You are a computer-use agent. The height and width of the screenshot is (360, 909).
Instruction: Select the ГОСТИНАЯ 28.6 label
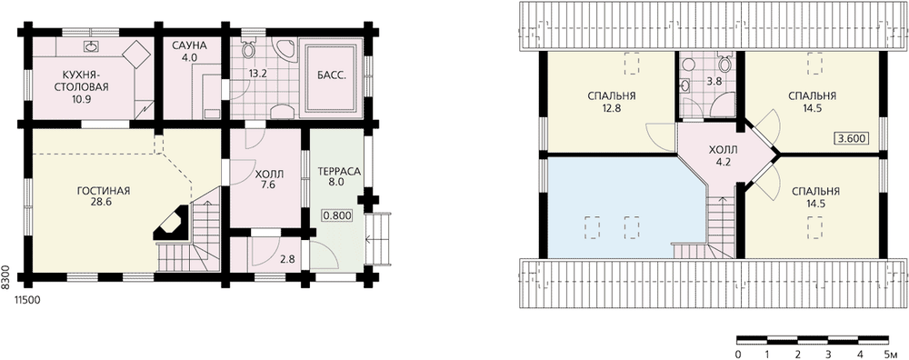click(104, 196)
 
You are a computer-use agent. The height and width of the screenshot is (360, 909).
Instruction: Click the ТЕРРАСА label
click(340, 171)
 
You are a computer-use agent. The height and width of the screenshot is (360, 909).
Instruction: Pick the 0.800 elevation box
click(336, 215)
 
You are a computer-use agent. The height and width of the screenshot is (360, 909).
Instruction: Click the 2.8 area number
click(287, 259)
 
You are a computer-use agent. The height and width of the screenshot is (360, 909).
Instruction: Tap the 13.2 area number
click(257, 75)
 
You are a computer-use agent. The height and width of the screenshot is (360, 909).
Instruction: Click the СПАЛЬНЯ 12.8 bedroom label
click(611, 102)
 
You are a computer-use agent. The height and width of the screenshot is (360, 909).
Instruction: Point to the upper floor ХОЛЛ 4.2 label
click(724, 156)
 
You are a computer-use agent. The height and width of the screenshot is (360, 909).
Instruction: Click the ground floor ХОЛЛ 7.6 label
click(269, 179)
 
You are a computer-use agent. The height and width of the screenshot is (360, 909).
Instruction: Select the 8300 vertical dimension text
click(5, 276)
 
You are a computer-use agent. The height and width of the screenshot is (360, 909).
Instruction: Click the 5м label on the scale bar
click(890, 354)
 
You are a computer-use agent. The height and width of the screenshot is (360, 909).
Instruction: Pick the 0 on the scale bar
click(737, 354)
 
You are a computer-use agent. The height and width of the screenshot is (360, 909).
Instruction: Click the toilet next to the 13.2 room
click(248, 49)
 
